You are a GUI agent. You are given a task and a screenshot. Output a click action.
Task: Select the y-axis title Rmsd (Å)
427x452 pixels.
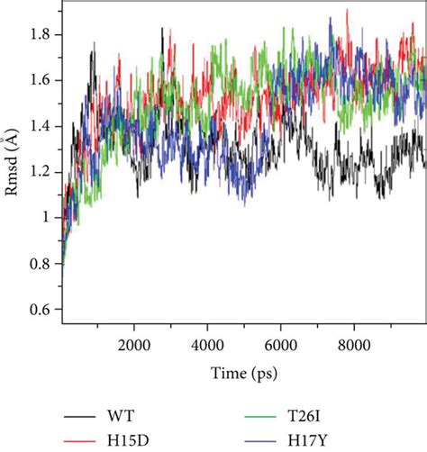click(x=12, y=171)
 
